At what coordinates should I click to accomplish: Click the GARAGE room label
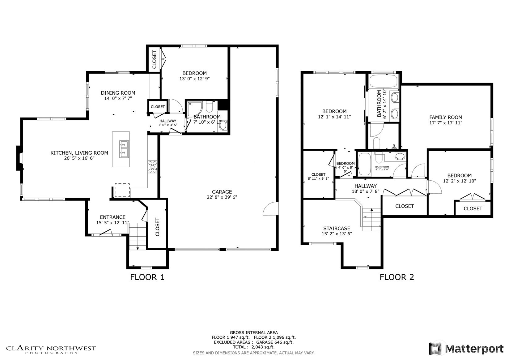pyautogui.click(x=222, y=192)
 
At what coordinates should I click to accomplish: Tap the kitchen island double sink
pyautogui.click(x=124, y=149)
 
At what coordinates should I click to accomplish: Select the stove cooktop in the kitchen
pyautogui.click(x=152, y=167)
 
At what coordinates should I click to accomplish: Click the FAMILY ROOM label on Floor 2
pyautogui.click(x=445, y=117)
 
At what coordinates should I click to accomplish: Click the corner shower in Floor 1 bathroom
pyautogui.click(x=195, y=109)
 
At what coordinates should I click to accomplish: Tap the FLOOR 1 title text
pyautogui.click(x=147, y=277)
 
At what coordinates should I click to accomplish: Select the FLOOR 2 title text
pyautogui.click(x=397, y=277)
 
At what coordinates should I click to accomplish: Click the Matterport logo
pyautogui.click(x=466, y=349)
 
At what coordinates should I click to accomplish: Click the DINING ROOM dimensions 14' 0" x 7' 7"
pyautogui.click(x=118, y=98)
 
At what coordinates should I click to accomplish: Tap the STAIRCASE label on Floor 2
pyautogui.click(x=337, y=229)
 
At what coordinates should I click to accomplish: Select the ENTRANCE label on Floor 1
pyautogui.click(x=112, y=217)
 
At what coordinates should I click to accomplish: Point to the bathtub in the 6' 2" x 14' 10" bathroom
pyautogui.click(x=383, y=82)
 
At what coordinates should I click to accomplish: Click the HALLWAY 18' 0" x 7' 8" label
pyautogui.click(x=365, y=186)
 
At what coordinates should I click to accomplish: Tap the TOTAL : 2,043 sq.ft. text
pyautogui.click(x=254, y=347)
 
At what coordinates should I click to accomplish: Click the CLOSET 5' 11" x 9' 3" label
pyautogui.click(x=318, y=174)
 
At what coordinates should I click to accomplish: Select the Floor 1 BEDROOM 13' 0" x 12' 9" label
pyautogui.click(x=194, y=73)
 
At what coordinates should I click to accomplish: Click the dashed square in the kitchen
pyautogui.click(x=122, y=190)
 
